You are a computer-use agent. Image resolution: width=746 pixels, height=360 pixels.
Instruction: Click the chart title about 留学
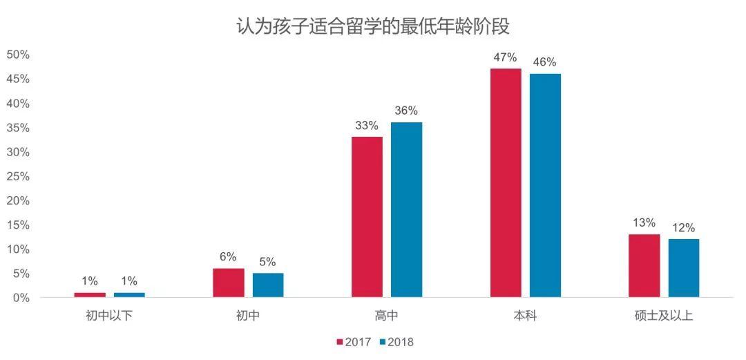point(373,27)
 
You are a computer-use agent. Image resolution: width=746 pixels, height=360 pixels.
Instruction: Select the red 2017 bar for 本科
point(506,183)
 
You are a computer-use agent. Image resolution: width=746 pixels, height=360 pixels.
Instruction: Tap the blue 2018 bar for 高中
point(406,210)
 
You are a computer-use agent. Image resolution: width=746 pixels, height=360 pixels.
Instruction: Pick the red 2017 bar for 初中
point(229,283)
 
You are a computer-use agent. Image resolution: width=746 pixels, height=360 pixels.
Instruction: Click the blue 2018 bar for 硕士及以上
point(683,268)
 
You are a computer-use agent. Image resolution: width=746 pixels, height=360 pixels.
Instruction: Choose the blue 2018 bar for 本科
point(545,185)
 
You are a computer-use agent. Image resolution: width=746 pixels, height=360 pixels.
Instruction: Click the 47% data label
point(506,57)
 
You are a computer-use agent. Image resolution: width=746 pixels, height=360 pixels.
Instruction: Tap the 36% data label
point(406,111)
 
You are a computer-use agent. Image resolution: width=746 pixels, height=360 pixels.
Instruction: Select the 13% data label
point(644,222)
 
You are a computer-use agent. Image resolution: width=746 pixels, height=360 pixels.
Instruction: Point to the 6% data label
point(228,256)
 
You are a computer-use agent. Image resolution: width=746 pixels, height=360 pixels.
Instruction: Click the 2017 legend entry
point(354,341)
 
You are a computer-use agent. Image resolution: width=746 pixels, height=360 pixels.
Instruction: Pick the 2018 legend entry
point(396,341)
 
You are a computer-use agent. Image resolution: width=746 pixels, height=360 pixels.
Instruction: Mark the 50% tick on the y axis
point(18,55)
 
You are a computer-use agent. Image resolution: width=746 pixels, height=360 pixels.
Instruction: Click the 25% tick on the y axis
point(18,176)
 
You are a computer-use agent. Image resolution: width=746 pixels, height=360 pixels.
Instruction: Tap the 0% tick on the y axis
point(21,298)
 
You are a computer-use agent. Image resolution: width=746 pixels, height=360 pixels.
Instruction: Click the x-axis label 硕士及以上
point(663,316)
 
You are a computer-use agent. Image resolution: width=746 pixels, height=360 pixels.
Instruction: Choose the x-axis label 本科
point(525,316)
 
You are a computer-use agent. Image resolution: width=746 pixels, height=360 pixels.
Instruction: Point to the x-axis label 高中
point(387,316)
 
